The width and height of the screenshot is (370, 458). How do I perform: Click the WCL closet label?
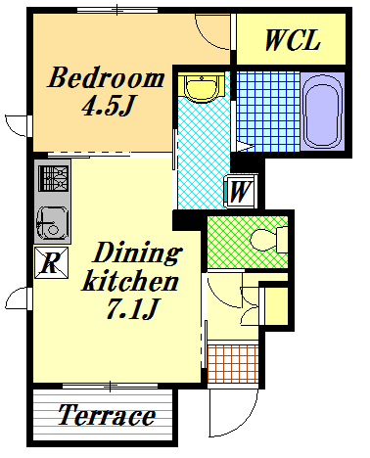pyautogui.click(x=293, y=40)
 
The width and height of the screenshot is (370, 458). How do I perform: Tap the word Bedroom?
pyautogui.click(x=106, y=77)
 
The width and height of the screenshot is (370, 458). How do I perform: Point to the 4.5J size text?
pyautogui.click(x=108, y=105)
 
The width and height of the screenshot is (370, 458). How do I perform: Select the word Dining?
pyautogui.click(x=137, y=253)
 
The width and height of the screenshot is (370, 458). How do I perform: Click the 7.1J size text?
pyautogui.click(x=132, y=308)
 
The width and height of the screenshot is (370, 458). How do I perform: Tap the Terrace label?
pyautogui.click(x=107, y=415)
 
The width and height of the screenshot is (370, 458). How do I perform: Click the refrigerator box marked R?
pyautogui.click(x=52, y=262)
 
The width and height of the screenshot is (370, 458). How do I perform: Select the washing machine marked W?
pyautogui.click(x=240, y=192)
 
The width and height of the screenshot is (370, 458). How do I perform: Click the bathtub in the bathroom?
pyautogui.click(x=322, y=112)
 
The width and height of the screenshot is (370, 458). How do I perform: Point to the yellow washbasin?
pyautogui.click(x=202, y=88)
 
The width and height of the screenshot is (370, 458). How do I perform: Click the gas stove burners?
pyautogui.click(x=54, y=178)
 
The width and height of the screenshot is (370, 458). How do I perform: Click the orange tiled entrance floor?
pyautogui.click(x=233, y=363)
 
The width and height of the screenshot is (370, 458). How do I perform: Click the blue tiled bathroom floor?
pyautogui.click(x=268, y=112)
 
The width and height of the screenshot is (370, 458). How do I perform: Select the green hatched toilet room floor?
pyautogui.click(x=248, y=243)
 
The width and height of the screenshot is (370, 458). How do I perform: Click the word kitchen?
pyautogui.click(x=130, y=281)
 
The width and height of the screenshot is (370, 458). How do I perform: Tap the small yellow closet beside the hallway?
pyautogui.click(x=276, y=306)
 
